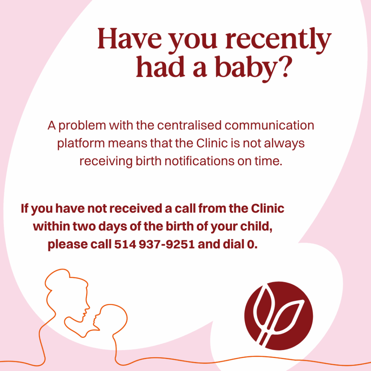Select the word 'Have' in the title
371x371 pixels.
(x=130, y=38)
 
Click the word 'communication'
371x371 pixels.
(x=269, y=125)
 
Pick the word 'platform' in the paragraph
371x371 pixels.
(x=81, y=143)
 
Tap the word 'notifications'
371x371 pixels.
(x=199, y=161)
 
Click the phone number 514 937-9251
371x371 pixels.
(x=154, y=244)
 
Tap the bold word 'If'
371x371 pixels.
(x=24, y=208)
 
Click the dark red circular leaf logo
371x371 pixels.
(x=279, y=316)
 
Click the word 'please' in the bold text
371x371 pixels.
(x=68, y=245)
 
